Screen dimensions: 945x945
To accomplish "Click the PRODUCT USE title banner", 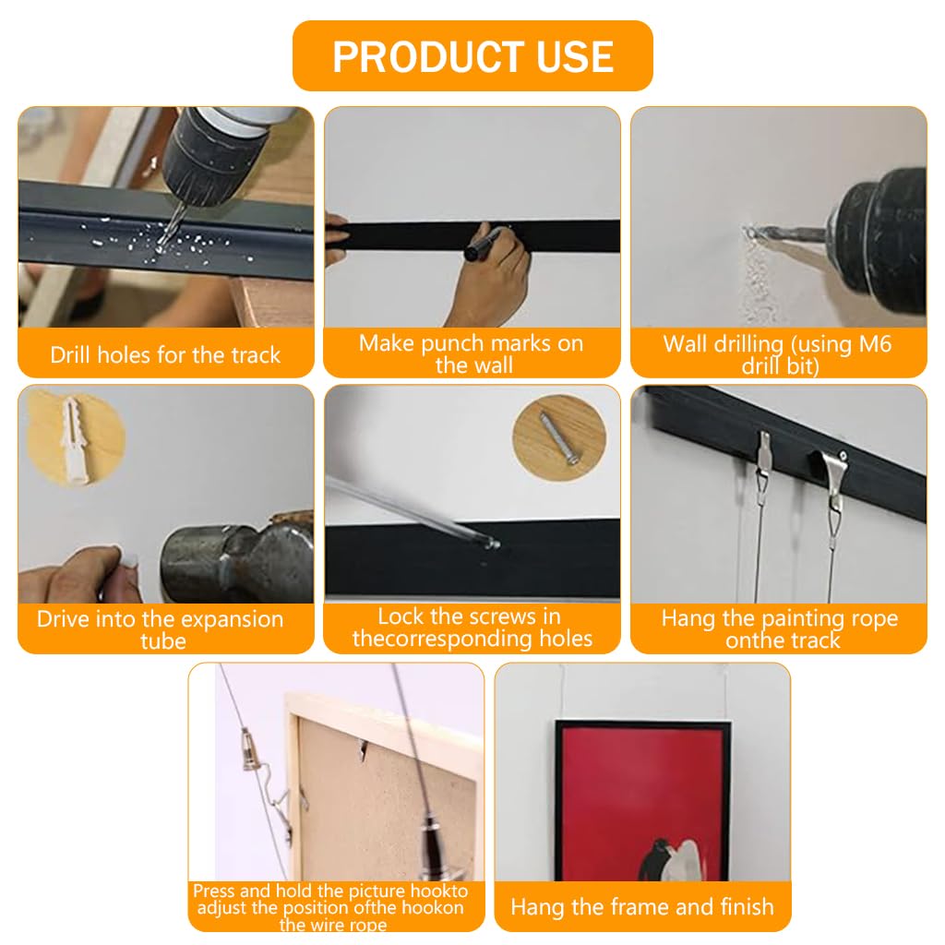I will click(472, 55).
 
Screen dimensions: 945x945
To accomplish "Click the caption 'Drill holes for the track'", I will click(165, 355).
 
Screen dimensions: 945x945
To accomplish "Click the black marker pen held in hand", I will click(484, 244).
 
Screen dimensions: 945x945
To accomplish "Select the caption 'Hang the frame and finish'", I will click(642, 907).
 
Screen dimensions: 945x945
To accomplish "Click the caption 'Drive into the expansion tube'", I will click(160, 629).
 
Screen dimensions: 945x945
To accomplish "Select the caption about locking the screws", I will click(472, 628).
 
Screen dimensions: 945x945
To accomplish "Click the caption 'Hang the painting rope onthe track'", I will click(779, 629).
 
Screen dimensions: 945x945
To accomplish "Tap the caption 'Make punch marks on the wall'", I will click(472, 354).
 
